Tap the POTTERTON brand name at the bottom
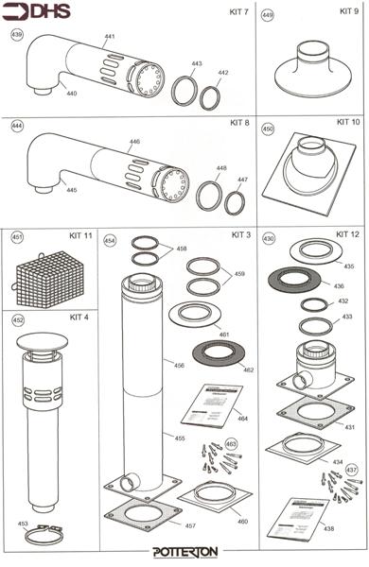(184, 552)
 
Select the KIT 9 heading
(348, 11)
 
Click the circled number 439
(17, 34)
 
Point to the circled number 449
(268, 16)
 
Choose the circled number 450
(268, 129)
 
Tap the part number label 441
(109, 36)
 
